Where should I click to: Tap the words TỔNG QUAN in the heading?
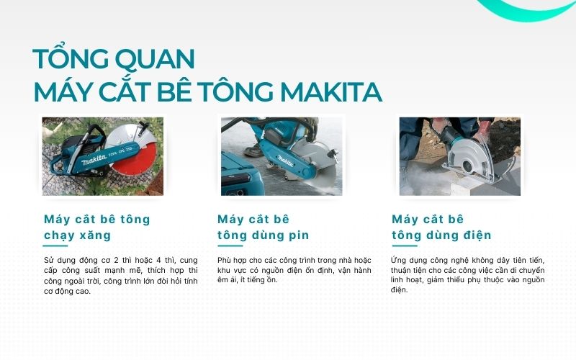coord(114,58)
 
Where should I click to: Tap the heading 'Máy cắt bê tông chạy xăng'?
coord(96,227)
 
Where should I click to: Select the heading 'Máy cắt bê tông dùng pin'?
coord(263,227)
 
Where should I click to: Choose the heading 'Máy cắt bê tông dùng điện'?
coord(441,227)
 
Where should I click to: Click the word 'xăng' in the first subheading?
coord(95,235)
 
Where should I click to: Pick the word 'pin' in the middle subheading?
coord(299,235)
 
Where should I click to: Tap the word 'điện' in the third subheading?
coord(476,235)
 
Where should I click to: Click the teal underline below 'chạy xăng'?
coord(55,246)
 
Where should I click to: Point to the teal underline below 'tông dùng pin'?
coord(230,246)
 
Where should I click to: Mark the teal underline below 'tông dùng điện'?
coord(404,246)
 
